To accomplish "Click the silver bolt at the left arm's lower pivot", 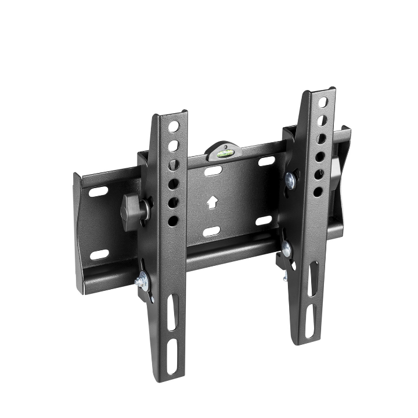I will click(x=142, y=283).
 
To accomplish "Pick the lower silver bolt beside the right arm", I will click(x=286, y=250).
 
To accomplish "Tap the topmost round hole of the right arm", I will click(x=323, y=103).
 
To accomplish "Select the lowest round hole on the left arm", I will click(x=173, y=221).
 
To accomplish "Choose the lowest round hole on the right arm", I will click(x=318, y=191).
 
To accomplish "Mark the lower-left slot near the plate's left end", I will click(x=99, y=254).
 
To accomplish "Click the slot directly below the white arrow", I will click(x=211, y=231).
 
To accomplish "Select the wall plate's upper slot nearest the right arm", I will click(x=266, y=160).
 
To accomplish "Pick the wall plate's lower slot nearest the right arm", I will click(x=264, y=221).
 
